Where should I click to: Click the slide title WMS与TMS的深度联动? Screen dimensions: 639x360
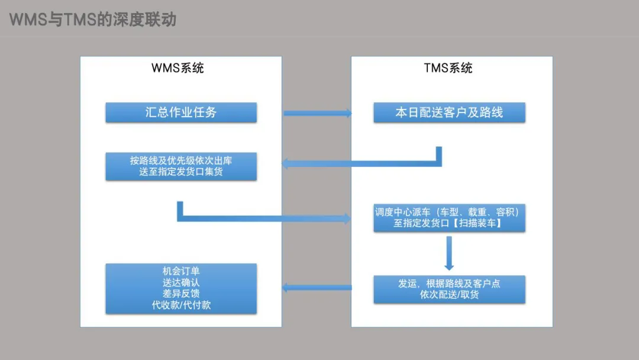[x=92, y=20]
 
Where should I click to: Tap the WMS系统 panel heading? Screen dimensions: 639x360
[x=177, y=68]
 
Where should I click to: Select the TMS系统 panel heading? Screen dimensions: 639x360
[x=448, y=68]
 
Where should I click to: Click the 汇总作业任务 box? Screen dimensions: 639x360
[x=181, y=112]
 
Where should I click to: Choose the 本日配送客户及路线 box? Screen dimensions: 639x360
[x=449, y=112]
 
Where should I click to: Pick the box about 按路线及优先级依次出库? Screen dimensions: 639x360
[x=181, y=166]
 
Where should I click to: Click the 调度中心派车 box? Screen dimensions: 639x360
[x=449, y=218]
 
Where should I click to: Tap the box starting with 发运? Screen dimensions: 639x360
[x=449, y=290]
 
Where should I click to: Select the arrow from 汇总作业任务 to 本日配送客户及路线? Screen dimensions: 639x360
[x=318, y=113]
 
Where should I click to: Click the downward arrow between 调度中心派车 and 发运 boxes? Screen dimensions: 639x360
[x=449, y=253]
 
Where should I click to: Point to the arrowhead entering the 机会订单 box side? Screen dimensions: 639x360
[x=285, y=288]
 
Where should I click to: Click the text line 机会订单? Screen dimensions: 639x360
[x=181, y=271]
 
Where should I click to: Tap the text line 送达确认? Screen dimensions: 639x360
[x=181, y=282]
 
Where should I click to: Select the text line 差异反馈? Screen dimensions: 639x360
[x=181, y=294]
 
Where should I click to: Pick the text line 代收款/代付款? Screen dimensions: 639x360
[x=181, y=305]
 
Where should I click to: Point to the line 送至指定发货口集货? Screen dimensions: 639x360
[x=181, y=172]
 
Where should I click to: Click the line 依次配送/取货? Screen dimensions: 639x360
[x=449, y=295]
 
